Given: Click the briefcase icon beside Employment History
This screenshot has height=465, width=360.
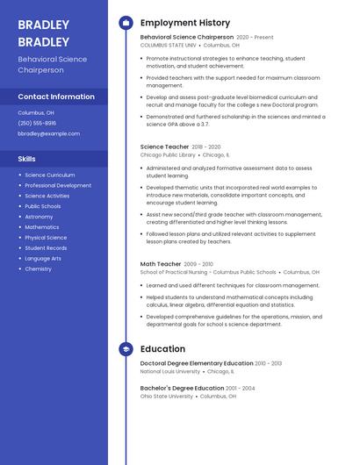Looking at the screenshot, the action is [x=126, y=23].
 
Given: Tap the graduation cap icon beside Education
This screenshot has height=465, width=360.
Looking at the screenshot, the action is [x=126, y=349].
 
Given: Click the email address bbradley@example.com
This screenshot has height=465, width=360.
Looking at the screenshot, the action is [x=48, y=134].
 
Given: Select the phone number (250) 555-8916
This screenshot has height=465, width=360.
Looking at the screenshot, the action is [x=37, y=124].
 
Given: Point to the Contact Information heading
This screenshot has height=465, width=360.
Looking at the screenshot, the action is [x=56, y=97].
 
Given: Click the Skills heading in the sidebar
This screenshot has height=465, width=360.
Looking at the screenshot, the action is [x=27, y=159].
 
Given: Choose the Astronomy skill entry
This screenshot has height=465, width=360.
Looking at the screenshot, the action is [x=39, y=217].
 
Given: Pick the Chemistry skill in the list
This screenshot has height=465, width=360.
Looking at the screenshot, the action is [x=38, y=269].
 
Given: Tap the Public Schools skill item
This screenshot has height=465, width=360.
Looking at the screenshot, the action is [x=43, y=206].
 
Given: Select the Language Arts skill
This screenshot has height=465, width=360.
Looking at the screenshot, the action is [x=43, y=259].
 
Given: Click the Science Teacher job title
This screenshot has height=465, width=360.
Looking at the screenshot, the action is [x=164, y=147].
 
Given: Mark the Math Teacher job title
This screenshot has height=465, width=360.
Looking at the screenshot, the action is [x=161, y=264].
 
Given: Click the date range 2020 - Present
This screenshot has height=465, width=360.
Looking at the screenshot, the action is [x=255, y=38].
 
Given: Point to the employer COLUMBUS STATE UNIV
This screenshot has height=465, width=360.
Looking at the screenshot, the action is [x=169, y=46].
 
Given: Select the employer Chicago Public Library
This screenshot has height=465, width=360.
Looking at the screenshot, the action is [x=168, y=154].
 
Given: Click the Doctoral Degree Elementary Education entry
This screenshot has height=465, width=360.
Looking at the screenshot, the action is [x=197, y=363].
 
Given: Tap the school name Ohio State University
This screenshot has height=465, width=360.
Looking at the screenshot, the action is [x=167, y=397].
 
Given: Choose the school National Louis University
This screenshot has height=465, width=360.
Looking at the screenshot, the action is [x=169, y=371].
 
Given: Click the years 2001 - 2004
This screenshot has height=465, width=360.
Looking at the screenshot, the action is [x=241, y=388].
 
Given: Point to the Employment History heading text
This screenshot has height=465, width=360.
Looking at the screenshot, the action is [x=185, y=23].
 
